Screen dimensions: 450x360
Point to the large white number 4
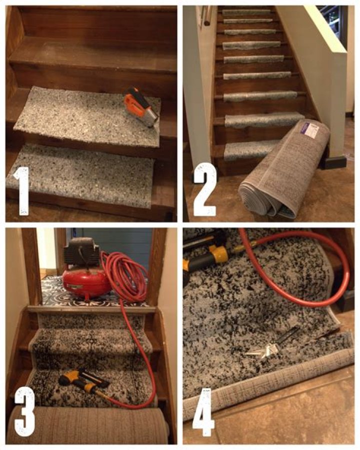point(203,411)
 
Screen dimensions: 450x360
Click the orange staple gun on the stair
point(141,106)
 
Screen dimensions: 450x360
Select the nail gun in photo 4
point(205,253)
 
